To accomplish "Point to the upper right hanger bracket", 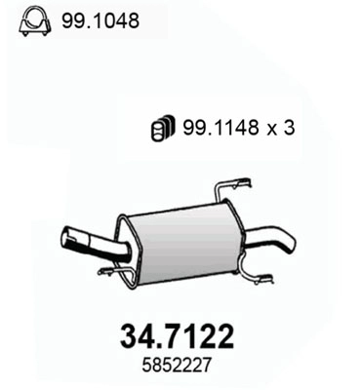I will [234, 186].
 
